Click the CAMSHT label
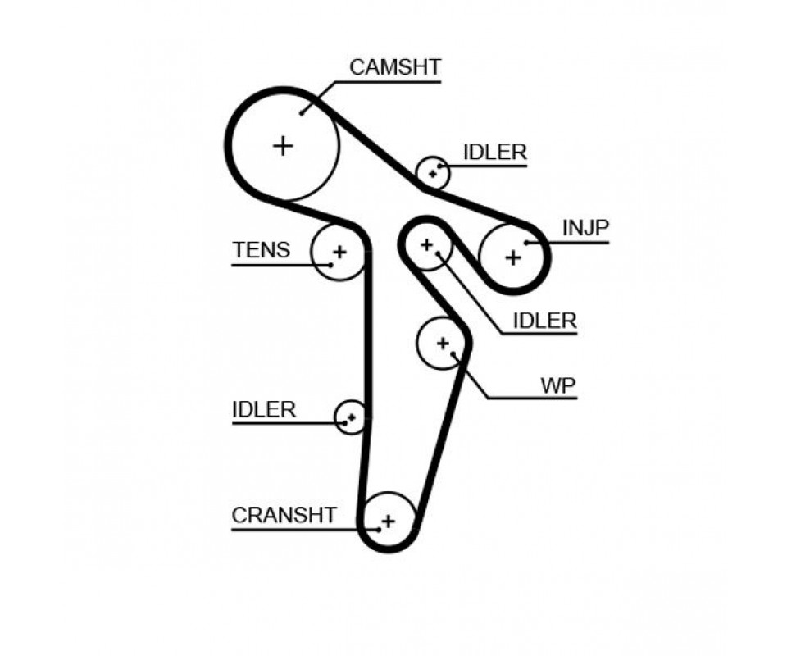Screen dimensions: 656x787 point(395,66)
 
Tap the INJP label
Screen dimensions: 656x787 point(585,227)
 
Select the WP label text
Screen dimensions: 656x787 point(557,385)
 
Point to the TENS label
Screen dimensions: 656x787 point(261,250)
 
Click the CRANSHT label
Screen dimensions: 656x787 point(284,515)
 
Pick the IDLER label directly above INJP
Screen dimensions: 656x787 point(494,152)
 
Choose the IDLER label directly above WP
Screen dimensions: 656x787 point(544,321)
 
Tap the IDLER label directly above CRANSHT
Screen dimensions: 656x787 point(263,409)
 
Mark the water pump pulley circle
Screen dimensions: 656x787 point(443,343)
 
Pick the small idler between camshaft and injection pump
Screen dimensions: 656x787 point(432,173)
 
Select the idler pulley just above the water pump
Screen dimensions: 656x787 point(426,244)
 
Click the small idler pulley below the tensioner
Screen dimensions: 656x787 point(351,417)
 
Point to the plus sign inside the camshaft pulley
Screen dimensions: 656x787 point(283,146)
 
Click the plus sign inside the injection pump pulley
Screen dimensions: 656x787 point(512,257)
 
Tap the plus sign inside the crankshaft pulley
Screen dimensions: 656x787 point(388,520)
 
